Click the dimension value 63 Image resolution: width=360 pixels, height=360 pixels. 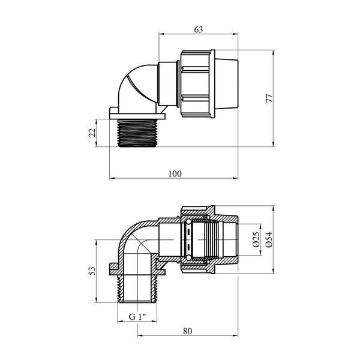click(x=199, y=29)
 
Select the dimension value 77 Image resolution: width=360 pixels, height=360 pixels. click(x=269, y=98)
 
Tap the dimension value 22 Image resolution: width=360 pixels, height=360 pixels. click(x=92, y=133)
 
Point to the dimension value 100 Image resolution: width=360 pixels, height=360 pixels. click(x=175, y=174)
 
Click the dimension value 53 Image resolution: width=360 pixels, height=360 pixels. click(x=92, y=271)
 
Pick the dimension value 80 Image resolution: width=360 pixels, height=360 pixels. click(x=188, y=331)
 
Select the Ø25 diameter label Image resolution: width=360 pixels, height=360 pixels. click(x=256, y=239)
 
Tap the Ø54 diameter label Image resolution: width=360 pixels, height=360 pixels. click(x=269, y=239)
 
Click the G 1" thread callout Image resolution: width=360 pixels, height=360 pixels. click(x=137, y=317)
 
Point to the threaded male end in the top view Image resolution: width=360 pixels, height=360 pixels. click(x=137, y=133)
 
